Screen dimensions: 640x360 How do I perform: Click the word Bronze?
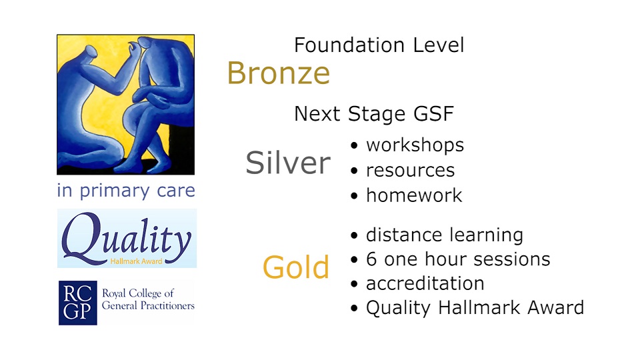tap(279, 73)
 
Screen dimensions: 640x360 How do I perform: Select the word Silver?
tap(288, 163)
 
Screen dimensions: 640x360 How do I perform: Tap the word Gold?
tap(296, 267)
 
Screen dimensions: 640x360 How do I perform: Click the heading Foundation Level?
tap(379, 45)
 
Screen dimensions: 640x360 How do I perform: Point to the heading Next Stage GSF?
tap(374, 113)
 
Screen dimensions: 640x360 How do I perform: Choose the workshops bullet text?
tap(415, 145)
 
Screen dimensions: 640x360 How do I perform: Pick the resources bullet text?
tap(410, 170)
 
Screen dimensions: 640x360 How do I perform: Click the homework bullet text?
tap(414, 195)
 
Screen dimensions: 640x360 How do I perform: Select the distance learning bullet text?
tap(445, 235)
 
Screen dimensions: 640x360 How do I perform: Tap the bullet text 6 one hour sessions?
tap(458, 259)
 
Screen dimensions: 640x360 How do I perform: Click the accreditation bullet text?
tap(425, 283)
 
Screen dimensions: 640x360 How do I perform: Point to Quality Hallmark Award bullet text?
tap(475, 308)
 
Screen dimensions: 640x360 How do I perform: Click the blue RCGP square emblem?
tap(78, 303)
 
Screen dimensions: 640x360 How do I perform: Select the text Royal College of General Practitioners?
tap(148, 299)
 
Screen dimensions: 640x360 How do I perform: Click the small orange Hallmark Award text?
tap(136, 261)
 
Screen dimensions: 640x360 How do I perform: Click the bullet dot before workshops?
tap(354, 146)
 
